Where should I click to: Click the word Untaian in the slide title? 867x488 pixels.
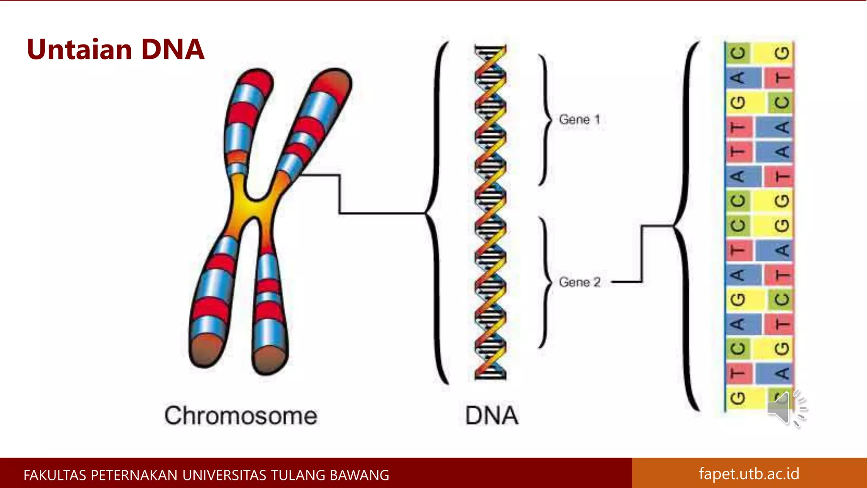(80, 50)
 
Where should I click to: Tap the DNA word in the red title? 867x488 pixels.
(173, 50)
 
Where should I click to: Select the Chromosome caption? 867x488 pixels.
(241, 416)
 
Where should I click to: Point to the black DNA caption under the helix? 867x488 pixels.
(491, 416)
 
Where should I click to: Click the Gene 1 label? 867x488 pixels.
(579, 119)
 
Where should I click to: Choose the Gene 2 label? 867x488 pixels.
(580, 282)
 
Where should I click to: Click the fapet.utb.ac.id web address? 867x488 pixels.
(749, 474)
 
